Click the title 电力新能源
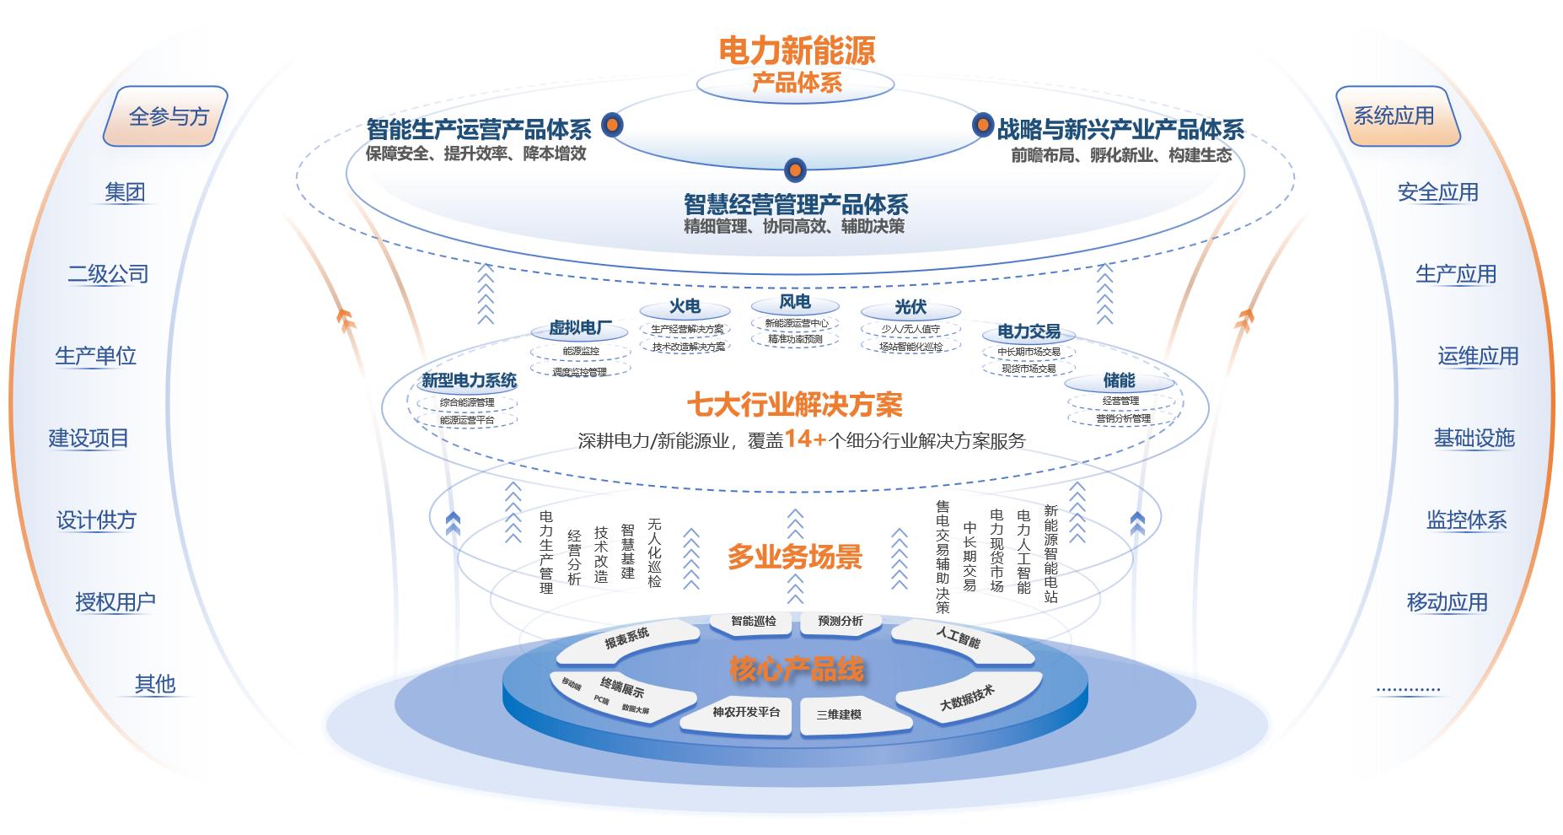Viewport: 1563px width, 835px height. pos(797,51)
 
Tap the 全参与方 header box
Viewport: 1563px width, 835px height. pos(167,116)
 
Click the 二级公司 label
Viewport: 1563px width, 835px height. pos(108,274)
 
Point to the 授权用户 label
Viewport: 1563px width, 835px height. pos(115,602)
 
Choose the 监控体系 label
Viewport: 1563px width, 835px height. pos(1466,520)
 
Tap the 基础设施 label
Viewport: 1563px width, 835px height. pos(1474,439)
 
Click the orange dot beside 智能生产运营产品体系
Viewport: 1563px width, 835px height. pos(612,126)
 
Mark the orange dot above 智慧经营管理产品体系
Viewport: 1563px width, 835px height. pos(795,170)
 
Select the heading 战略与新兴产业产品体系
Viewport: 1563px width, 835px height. pos(1120,130)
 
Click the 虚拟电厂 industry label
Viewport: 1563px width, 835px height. pos(576,329)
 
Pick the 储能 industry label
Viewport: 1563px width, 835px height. pos(1119,381)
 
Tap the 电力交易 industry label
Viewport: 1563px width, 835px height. pos(1029,332)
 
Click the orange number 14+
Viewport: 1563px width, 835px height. pos(805,439)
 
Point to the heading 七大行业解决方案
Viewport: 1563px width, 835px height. pos(794,406)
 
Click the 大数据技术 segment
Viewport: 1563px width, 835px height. pos(967,697)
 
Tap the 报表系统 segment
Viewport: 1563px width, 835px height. pos(627,638)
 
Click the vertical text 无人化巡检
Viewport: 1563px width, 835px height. pos(654,552)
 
